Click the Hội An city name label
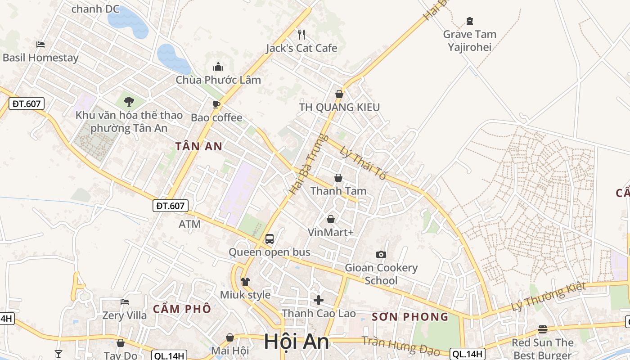297,342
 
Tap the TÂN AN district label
199,146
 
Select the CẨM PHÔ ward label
182,309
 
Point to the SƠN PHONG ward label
410,317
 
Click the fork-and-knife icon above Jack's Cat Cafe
301,34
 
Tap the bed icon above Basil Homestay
40,45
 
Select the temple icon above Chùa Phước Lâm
218,67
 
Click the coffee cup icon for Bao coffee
216,105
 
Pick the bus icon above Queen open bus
270,239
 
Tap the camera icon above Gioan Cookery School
381,255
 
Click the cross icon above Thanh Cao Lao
319,300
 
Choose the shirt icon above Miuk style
245,282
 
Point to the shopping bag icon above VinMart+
331,219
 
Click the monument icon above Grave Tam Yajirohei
470,21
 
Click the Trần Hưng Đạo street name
400,346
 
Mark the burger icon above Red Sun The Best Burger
543,329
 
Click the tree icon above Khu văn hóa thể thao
129,101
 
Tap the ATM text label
189,224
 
